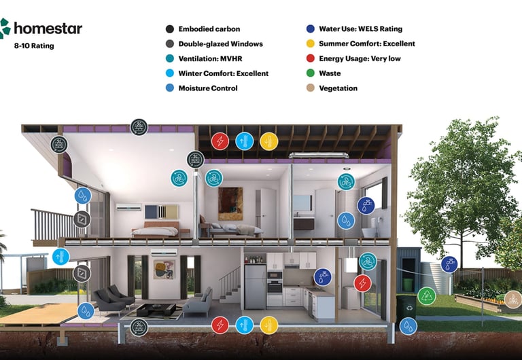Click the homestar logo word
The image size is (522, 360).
(x=48, y=29)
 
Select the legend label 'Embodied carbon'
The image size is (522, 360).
(x=205, y=29)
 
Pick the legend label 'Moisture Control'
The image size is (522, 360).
(x=207, y=88)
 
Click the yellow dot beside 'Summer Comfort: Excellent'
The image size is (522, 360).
(x=310, y=43)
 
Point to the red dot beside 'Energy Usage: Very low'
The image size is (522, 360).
(x=310, y=58)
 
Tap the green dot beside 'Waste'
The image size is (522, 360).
(x=310, y=73)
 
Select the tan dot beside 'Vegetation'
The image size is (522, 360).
(x=310, y=88)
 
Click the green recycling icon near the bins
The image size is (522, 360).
(x=426, y=295)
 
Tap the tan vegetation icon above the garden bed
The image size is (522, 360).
(x=513, y=298)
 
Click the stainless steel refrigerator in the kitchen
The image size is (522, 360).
(x=254, y=286)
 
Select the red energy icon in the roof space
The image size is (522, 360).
(x=220, y=141)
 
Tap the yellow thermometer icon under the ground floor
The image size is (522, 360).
(x=269, y=325)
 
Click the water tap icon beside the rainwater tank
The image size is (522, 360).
(x=449, y=264)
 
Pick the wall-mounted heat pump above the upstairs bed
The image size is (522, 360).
(x=129, y=207)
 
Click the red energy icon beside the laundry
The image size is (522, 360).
(x=363, y=283)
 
